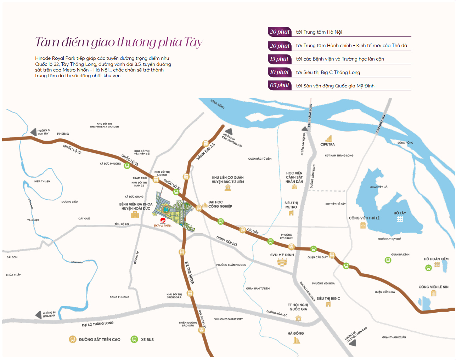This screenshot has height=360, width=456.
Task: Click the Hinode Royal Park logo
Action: point(163,223)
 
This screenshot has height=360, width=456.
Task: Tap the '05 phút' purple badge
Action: point(280,85)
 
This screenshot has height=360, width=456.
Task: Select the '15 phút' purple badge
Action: point(280,59)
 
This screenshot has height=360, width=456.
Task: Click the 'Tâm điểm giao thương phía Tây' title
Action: point(119,42)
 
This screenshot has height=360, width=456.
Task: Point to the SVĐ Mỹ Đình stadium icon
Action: point(282,262)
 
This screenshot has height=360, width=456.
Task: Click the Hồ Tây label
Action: point(400,213)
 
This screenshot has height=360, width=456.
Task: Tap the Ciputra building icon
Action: point(329,138)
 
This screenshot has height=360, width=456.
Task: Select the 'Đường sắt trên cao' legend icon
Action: point(73,339)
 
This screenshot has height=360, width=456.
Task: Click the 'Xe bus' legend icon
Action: point(134,339)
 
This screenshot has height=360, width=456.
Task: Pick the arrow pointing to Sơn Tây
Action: point(33,132)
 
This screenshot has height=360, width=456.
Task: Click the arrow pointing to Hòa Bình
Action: point(38,314)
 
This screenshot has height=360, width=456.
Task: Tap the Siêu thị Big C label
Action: point(328,298)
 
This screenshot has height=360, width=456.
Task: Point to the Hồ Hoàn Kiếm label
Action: point(436,259)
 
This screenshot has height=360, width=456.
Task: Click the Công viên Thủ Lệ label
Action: point(364,218)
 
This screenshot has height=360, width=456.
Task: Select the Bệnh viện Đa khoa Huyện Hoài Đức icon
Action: point(135,215)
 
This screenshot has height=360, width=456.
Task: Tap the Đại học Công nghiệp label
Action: point(220,204)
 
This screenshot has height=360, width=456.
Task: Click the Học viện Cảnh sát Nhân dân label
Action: point(294,177)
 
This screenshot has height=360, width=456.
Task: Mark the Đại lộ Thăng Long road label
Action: point(98,324)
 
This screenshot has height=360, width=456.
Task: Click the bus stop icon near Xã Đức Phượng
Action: point(127,166)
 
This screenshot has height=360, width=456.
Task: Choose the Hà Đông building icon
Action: point(297,340)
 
